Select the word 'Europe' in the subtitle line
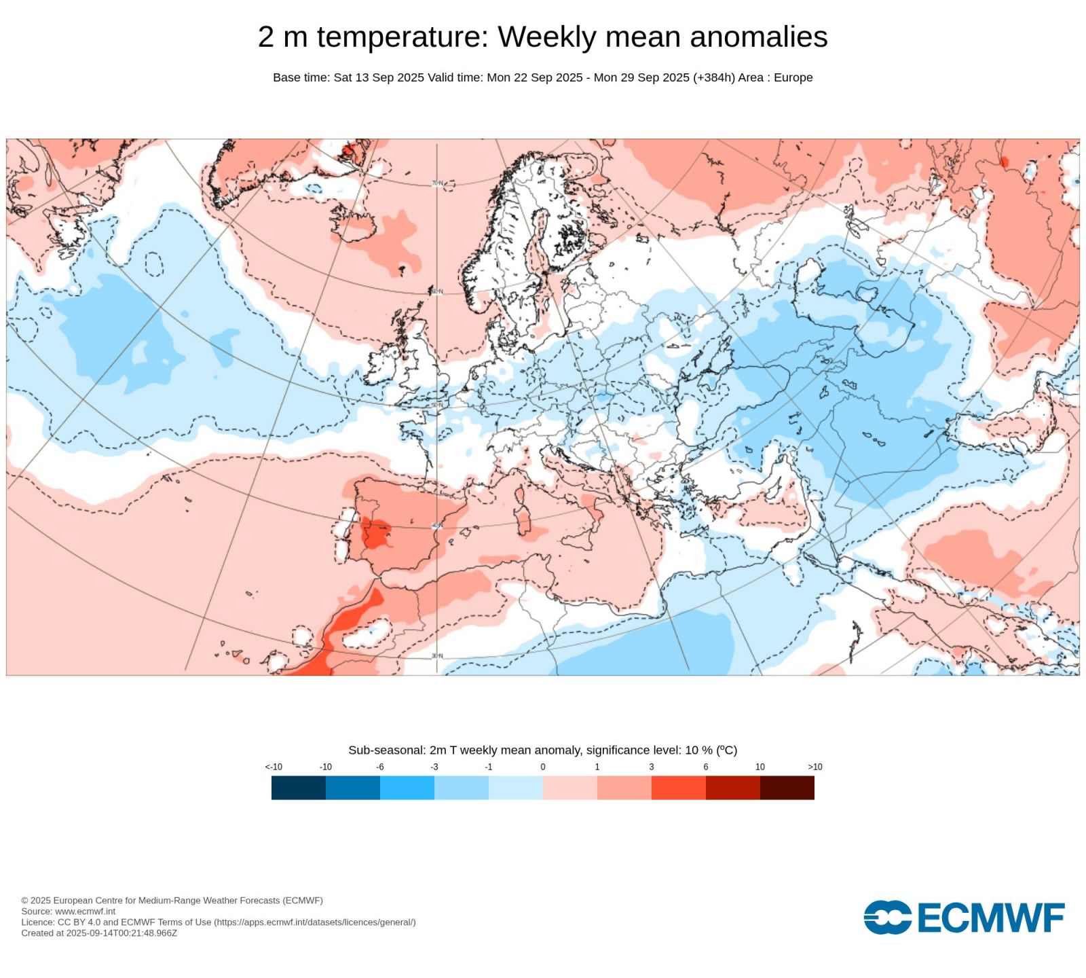(793, 77)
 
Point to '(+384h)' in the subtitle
(713, 77)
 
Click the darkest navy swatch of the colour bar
(299, 788)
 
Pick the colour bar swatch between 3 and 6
(679, 788)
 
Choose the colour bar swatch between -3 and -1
(462, 788)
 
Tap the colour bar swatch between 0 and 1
(570, 788)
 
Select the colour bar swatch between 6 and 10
(733, 788)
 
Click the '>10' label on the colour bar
(814, 767)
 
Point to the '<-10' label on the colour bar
(274, 767)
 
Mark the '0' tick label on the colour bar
(543, 767)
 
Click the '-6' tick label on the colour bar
(380, 767)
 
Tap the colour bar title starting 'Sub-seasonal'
(542, 750)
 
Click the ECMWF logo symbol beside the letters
(887, 918)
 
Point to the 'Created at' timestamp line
(99, 933)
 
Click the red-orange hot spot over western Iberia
(375, 532)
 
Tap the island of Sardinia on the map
(523, 520)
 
